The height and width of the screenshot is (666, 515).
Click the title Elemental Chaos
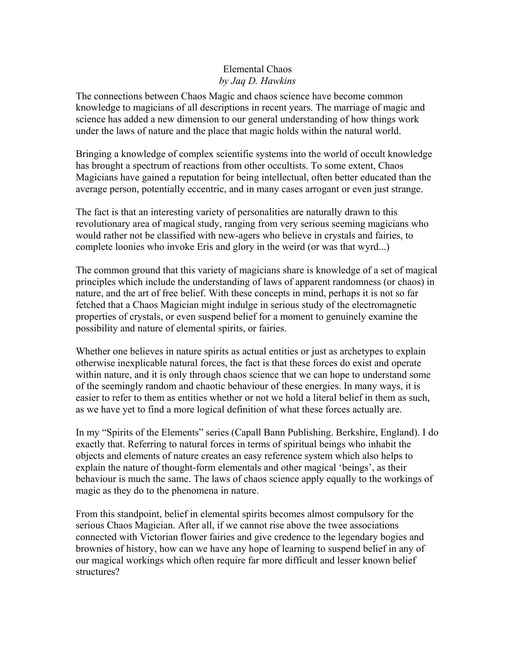[257, 69]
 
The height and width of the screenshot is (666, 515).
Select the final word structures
[97, 572]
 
